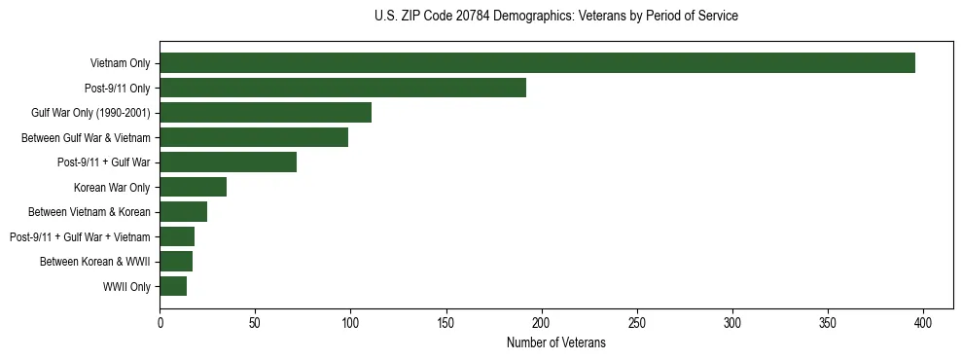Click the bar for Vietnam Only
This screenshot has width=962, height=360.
click(x=537, y=63)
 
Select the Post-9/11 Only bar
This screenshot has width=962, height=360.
click(x=342, y=88)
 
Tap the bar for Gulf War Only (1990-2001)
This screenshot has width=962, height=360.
click(x=266, y=113)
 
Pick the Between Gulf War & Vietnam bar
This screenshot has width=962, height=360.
click(x=254, y=137)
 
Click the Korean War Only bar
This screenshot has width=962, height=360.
click(x=194, y=187)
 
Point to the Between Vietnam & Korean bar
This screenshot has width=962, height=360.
click(x=184, y=212)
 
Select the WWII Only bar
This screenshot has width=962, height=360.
click(x=173, y=286)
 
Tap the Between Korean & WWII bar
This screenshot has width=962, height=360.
click(x=176, y=261)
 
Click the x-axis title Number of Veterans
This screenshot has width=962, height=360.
click(x=555, y=342)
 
